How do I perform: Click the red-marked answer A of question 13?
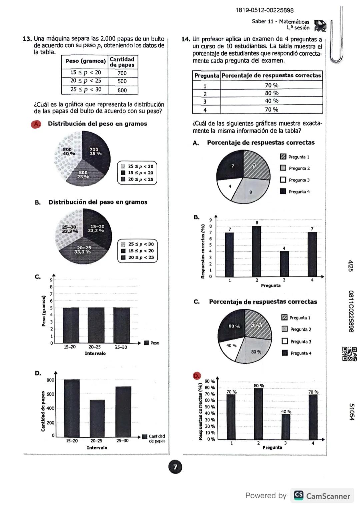pos(36,124)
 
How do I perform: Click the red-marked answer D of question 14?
pos(197,376)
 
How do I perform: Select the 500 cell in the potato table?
pos(122,81)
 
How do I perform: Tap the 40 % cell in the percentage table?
pos(271,101)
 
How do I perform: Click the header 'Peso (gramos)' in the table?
pos(85,61)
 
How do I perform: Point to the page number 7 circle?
pos(175,467)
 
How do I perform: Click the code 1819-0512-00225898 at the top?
pos(264,10)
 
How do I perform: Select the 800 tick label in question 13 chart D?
pos(50,380)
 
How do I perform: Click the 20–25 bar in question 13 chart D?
pos(97,418)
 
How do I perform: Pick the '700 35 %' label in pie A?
pos(95,152)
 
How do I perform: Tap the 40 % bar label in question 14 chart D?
pos(286,412)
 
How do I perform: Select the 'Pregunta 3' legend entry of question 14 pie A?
pos(295,180)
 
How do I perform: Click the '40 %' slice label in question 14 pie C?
pos(231,345)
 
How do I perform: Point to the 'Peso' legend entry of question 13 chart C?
pos(152,343)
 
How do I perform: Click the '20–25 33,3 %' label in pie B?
pos(84,250)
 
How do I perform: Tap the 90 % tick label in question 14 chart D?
pos(209,381)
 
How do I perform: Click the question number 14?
pos(186,39)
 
